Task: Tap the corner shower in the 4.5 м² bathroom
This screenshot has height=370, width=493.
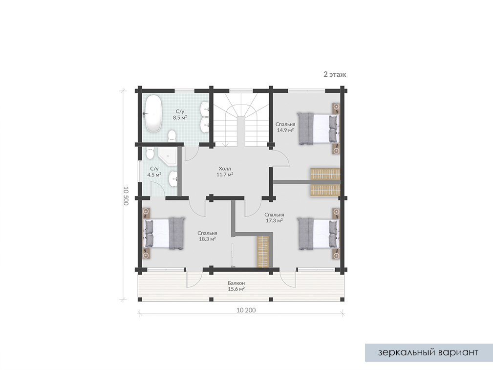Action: pyautogui.click(x=167, y=156)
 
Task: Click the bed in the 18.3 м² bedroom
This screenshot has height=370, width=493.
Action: pyautogui.click(x=164, y=233)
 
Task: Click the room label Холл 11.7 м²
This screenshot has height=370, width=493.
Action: pyautogui.click(x=225, y=172)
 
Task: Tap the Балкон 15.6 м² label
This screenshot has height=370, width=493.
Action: pyautogui.click(x=236, y=286)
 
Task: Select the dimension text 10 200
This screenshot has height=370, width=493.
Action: pyautogui.click(x=246, y=310)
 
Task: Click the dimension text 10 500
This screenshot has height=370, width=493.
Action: pyautogui.click(x=126, y=196)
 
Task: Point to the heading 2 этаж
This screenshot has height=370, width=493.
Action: pyautogui.click(x=335, y=75)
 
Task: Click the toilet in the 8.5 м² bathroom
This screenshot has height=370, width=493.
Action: pyautogui.click(x=172, y=135)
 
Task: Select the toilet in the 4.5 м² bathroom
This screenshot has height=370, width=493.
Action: pyautogui.click(x=150, y=153)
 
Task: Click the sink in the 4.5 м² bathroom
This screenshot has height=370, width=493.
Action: pyautogui.click(x=172, y=179)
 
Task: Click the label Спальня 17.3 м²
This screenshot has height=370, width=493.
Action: pyautogui.click(x=274, y=218)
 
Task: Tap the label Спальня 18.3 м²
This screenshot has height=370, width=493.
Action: pyautogui.click(x=207, y=236)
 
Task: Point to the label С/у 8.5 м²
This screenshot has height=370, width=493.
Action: pyautogui.click(x=180, y=114)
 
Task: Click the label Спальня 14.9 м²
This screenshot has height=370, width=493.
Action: pyautogui.click(x=285, y=127)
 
